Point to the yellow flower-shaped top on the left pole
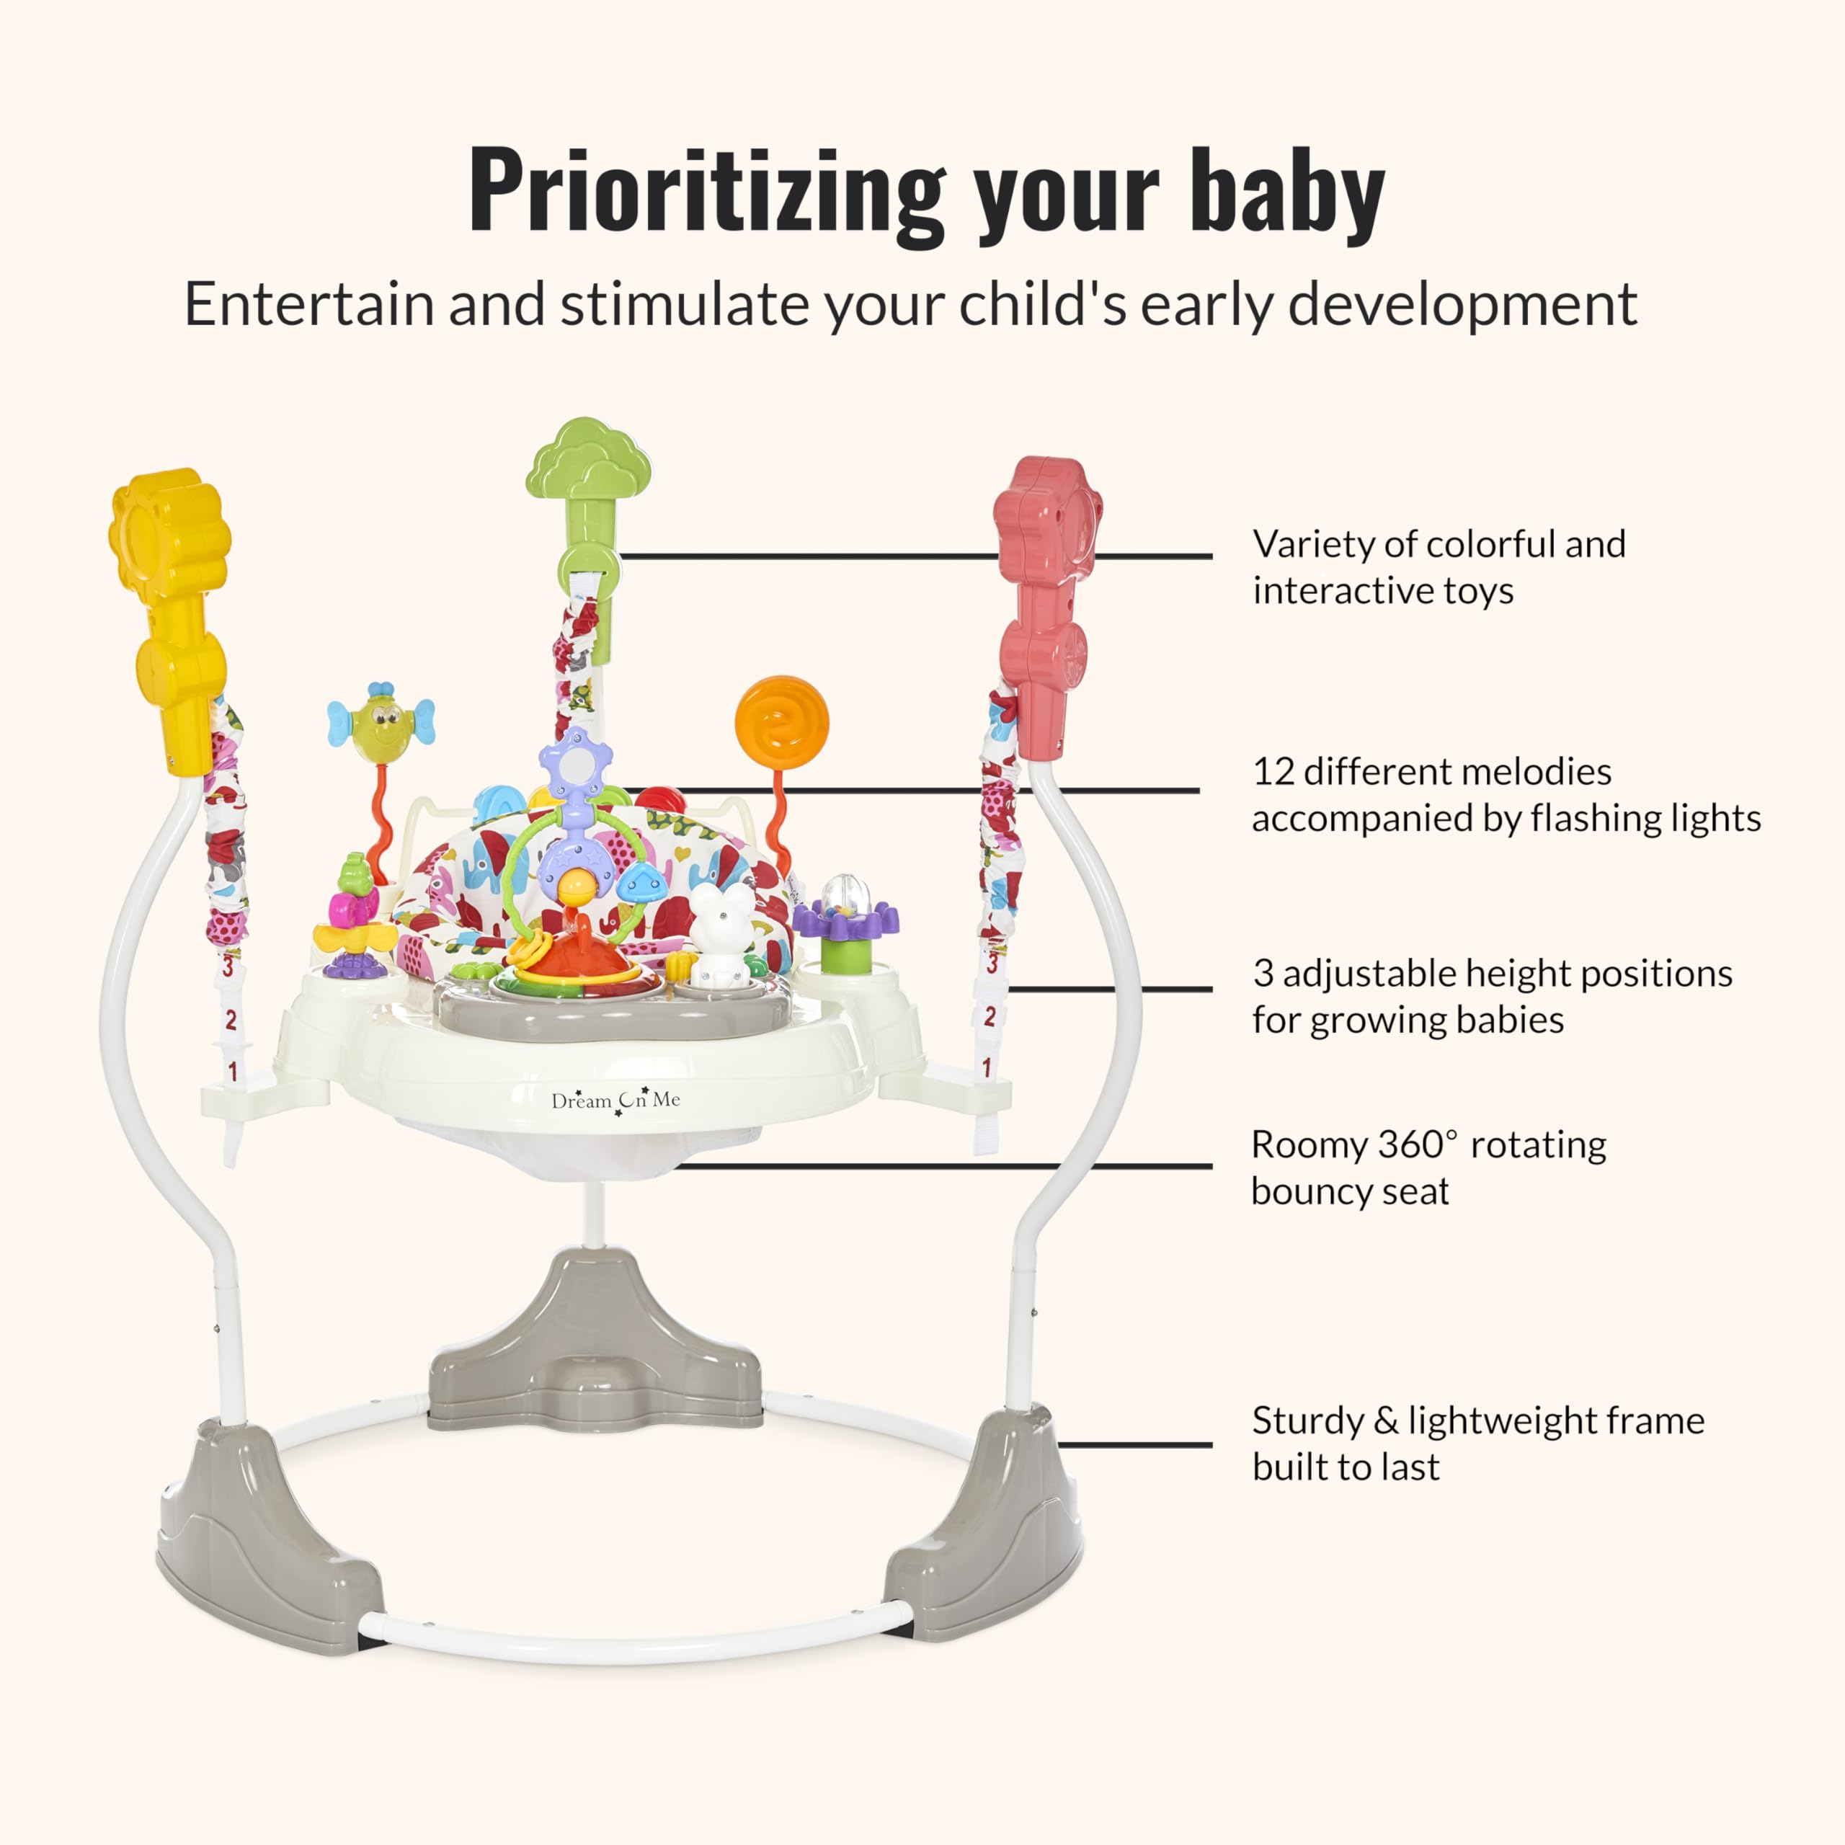pyautogui.click(x=170, y=535)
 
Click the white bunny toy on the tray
pyautogui.click(x=722, y=935)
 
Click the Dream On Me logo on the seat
pyautogui.click(x=616, y=1100)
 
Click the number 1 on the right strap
pyautogui.click(x=987, y=1067)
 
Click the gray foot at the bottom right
pyautogui.click(x=984, y=1523)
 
